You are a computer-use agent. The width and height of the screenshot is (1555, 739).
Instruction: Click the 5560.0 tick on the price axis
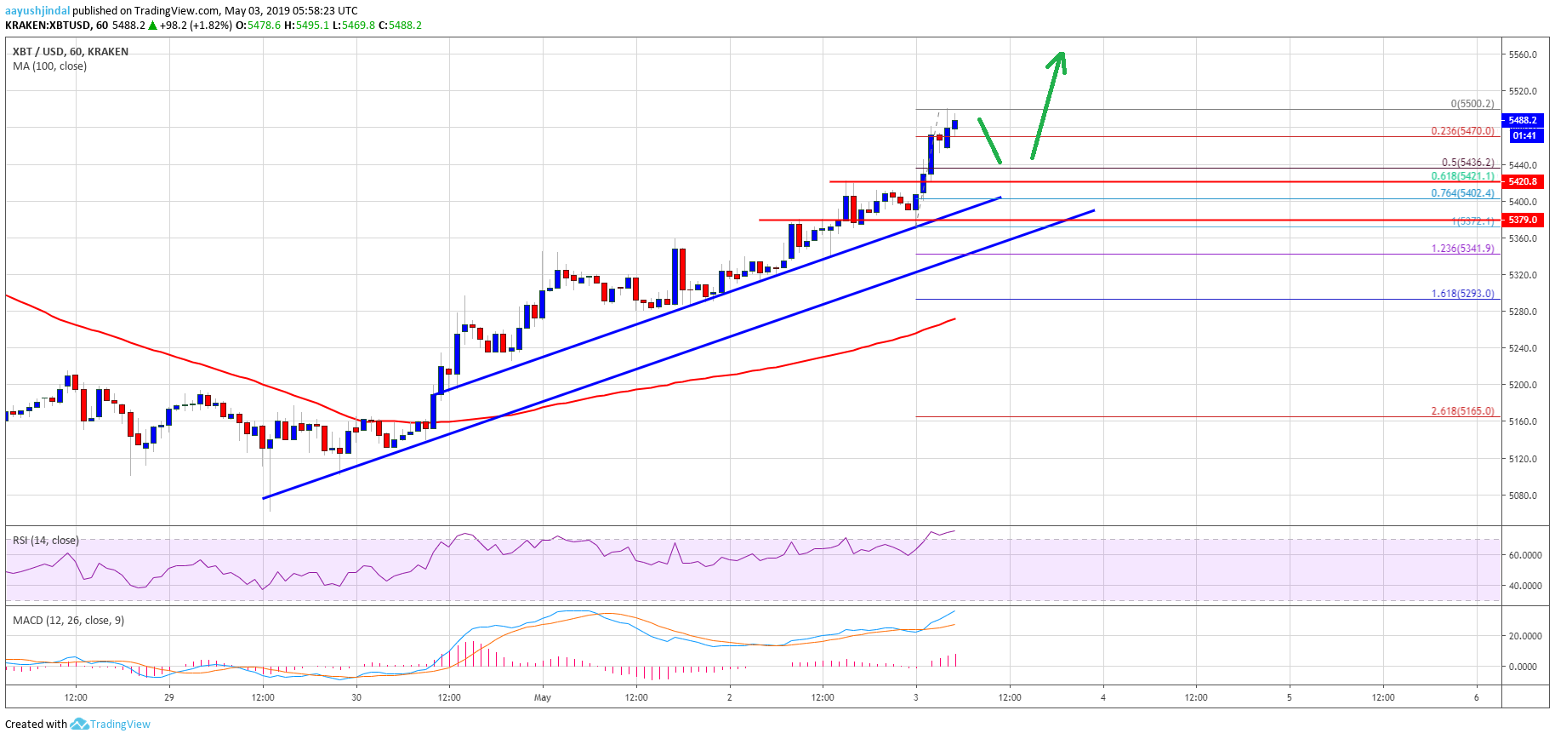1522,54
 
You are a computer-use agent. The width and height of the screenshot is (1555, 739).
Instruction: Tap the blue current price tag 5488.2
1522,120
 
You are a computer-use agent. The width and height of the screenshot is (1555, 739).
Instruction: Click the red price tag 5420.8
1522,181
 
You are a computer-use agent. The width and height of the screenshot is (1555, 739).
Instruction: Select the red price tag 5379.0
1522,220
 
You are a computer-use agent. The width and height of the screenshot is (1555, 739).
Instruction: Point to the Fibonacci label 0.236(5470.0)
1462,131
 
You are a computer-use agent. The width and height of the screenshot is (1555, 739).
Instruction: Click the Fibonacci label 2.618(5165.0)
1462,410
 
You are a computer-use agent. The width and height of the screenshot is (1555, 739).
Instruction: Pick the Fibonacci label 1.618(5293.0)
1462,294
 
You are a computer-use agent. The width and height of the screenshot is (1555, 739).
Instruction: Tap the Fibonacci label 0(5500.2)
1472,104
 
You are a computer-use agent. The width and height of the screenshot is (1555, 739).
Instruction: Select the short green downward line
989,140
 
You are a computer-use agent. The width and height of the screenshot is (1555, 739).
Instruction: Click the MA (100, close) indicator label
49,66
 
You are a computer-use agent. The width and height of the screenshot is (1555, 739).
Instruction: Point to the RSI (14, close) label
46,541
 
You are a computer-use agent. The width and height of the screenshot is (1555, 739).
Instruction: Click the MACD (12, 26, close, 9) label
68,621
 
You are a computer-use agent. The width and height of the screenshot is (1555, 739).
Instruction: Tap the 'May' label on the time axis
543,697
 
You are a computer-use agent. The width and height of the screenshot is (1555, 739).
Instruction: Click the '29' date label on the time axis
169,697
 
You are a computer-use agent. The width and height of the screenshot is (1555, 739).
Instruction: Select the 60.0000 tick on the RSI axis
1524,555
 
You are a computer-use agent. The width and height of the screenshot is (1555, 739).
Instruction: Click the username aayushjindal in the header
37,11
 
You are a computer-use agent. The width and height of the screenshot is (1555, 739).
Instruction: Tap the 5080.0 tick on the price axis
1522,496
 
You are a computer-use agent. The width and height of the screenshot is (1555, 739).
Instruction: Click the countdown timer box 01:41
1524,135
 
